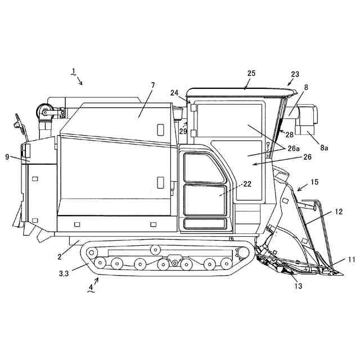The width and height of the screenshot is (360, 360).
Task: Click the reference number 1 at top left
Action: [74, 71]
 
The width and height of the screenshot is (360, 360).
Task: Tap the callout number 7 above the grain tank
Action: [152, 85]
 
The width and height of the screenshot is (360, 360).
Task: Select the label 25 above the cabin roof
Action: [251, 73]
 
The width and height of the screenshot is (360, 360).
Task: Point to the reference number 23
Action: [295, 74]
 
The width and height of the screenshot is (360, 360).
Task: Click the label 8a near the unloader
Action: [325, 147]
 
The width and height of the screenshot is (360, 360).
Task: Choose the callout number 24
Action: [174, 93]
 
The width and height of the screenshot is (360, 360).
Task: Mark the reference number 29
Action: [183, 130]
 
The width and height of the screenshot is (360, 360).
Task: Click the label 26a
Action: [292, 148]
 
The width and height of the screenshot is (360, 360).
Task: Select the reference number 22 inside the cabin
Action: [247, 184]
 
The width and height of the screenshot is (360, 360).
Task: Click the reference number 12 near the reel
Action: [339, 212]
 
